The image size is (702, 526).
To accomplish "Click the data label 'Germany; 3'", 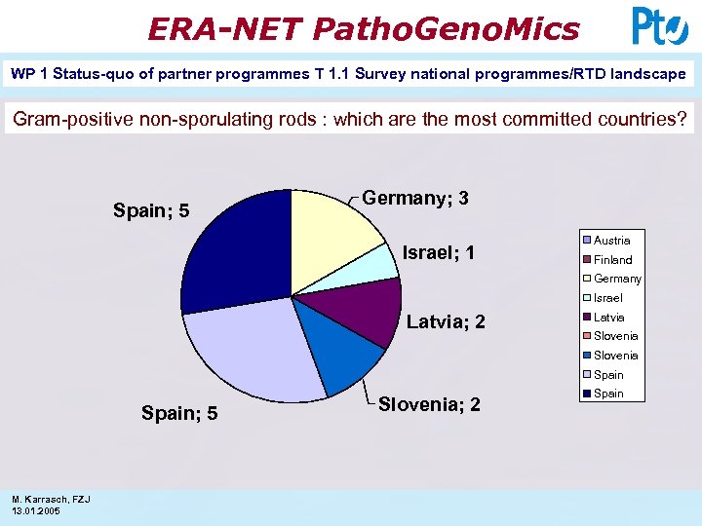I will pos(415,198).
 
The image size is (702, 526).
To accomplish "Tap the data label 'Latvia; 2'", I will pos(446,322).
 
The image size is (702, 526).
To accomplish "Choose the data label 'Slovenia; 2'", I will pos(429,404).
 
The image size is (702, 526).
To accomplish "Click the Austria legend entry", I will pos(611,241).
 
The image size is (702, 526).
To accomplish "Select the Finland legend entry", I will pos(612,260).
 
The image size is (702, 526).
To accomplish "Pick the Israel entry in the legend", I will pos(608,298).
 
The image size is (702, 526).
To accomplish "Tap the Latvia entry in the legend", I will pos(609,318).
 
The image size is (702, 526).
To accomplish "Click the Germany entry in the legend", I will pos(617,279).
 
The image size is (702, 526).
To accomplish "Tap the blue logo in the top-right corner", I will pos(659,26).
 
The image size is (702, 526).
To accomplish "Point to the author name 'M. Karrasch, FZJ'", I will pos(51,500).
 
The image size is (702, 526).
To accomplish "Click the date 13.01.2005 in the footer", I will pos(36,511).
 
